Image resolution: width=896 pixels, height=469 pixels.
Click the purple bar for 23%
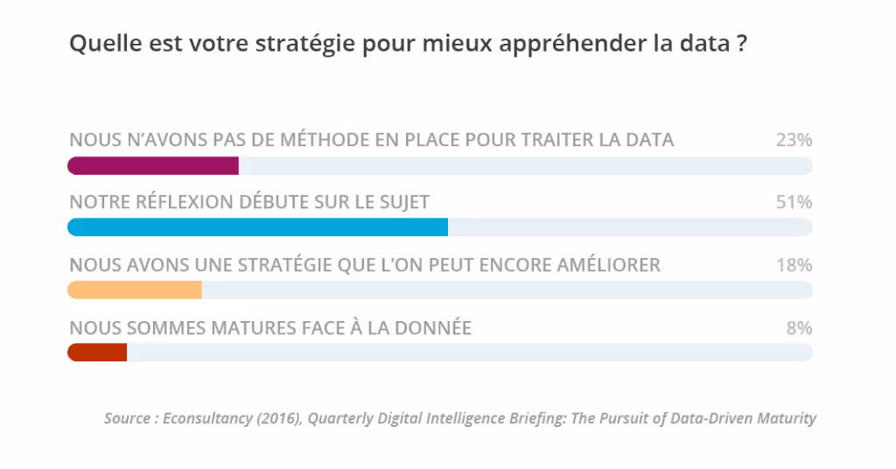click(x=153, y=165)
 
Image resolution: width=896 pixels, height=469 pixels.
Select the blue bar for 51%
click(x=257, y=227)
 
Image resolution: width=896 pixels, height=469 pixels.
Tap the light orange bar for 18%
click(x=135, y=290)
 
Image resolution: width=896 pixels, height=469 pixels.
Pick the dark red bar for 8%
click(x=97, y=352)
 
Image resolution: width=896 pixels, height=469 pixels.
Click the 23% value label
click(x=794, y=140)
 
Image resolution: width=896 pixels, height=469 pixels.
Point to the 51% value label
click(x=794, y=202)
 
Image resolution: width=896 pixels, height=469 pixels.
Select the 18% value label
click(x=794, y=264)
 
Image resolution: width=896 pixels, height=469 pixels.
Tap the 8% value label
click(x=799, y=328)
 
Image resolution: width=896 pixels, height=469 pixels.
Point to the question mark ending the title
click(x=741, y=44)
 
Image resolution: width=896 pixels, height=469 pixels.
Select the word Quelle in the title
click(x=98, y=44)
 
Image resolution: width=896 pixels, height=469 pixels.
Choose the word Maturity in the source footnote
click(x=786, y=418)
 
